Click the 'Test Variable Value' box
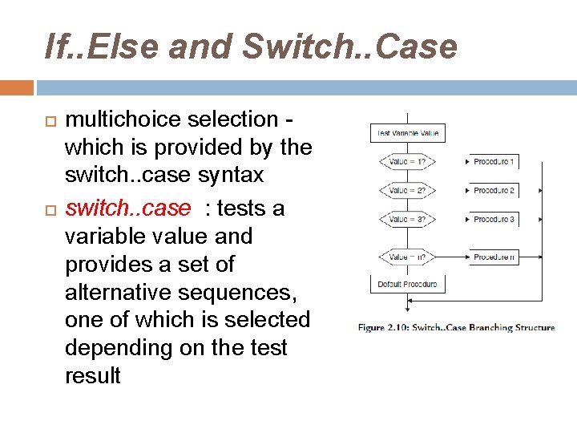point(407,133)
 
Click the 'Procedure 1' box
point(494,162)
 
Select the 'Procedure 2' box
point(494,191)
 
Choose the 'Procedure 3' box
point(494,220)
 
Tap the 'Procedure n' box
point(494,257)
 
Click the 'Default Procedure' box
point(407,284)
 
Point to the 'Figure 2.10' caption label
point(383,328)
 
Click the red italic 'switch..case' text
point(128,208)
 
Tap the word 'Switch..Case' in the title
point(349,47)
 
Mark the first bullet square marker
point(50,120)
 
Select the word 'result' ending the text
point(92,376)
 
